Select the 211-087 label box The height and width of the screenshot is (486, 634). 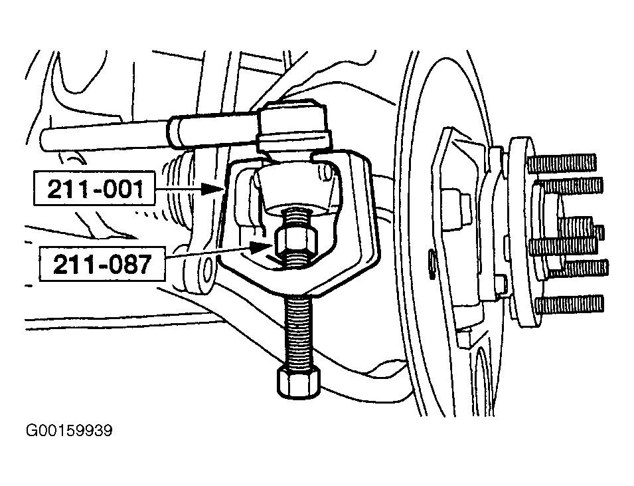pos(102,264)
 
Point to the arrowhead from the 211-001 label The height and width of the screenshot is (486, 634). pos(212,189)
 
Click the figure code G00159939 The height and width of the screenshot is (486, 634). pos(69,431)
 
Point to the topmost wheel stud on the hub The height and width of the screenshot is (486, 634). pos(562,163)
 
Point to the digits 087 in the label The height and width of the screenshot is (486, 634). pos(130,264)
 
